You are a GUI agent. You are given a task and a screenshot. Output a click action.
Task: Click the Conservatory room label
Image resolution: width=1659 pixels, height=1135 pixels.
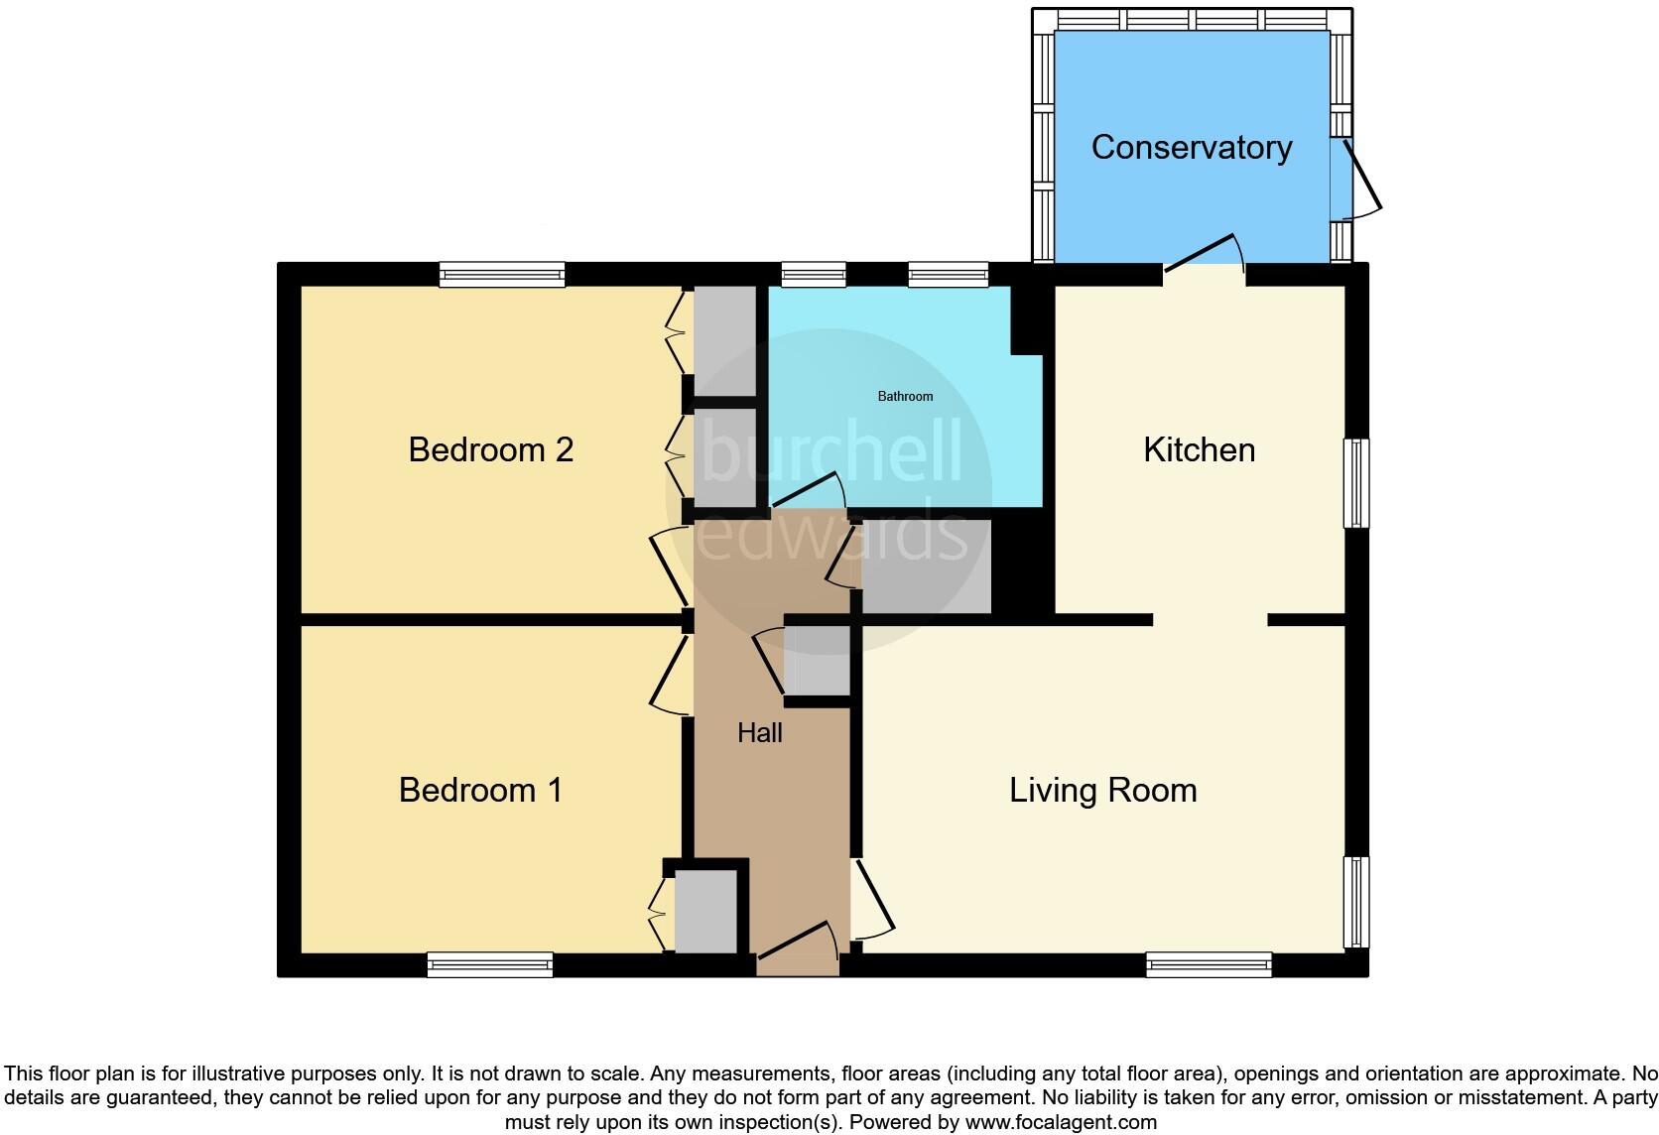pyautogui.click(x=1191, y=148)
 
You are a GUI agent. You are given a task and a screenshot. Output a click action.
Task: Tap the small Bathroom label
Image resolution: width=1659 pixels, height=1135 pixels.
pyautogui.click(x=905, y=397)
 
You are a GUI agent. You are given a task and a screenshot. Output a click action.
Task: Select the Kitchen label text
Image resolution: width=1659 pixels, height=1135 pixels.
pyautogui.click(x=1199, y=450)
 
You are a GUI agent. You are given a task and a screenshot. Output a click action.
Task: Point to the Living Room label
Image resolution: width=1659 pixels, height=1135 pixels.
pyautogui.click(x=1102, y=791)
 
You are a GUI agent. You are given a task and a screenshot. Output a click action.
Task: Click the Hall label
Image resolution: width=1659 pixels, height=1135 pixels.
pyautogui.click(x=760, y=733)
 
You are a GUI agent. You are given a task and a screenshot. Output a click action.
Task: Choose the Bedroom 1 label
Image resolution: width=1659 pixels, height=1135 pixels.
pyautogui.click(x=480, y=791)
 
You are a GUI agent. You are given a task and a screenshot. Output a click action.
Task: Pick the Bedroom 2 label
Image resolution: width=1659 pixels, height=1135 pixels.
pyautogui.click(x=490, y=450)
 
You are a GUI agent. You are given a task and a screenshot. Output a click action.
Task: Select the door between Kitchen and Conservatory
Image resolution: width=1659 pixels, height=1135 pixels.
pyautogui.click(x=1203, y=253)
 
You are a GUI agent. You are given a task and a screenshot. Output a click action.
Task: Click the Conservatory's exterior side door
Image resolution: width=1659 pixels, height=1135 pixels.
pyautogui.click(x=1361, y=180)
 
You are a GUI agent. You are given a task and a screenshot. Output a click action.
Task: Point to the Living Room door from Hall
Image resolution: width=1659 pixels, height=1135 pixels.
pyautogui.click(x=873, y=899)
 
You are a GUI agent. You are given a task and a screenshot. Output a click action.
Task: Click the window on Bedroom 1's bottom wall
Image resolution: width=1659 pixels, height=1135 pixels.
pyautogui.click(x=489, y=964)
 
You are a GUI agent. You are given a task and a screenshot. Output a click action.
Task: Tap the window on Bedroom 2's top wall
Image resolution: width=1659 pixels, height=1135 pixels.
pyautogui.click(x=502, y=275)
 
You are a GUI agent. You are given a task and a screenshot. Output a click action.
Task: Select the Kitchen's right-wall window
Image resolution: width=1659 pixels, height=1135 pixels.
pyautogui.click(x=1356, y=483)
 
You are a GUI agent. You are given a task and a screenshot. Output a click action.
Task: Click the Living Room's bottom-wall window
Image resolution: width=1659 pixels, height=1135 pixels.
pyautogui.click(x=1209, y=964)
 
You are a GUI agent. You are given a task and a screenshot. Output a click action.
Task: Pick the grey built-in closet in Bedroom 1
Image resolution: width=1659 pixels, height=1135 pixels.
pyautogui.click(x=705, y=912)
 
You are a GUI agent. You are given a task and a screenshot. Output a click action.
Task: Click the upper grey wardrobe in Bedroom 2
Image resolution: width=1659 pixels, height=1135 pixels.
pyautogui.click(x=724, y=340)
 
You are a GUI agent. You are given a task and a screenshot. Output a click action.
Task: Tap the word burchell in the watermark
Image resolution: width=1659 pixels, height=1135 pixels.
pyautogui.click(x=831, y=451)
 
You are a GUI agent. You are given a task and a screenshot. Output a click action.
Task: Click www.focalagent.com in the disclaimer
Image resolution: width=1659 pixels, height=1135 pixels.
pyautogui.click(x=1061, y=1123)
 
